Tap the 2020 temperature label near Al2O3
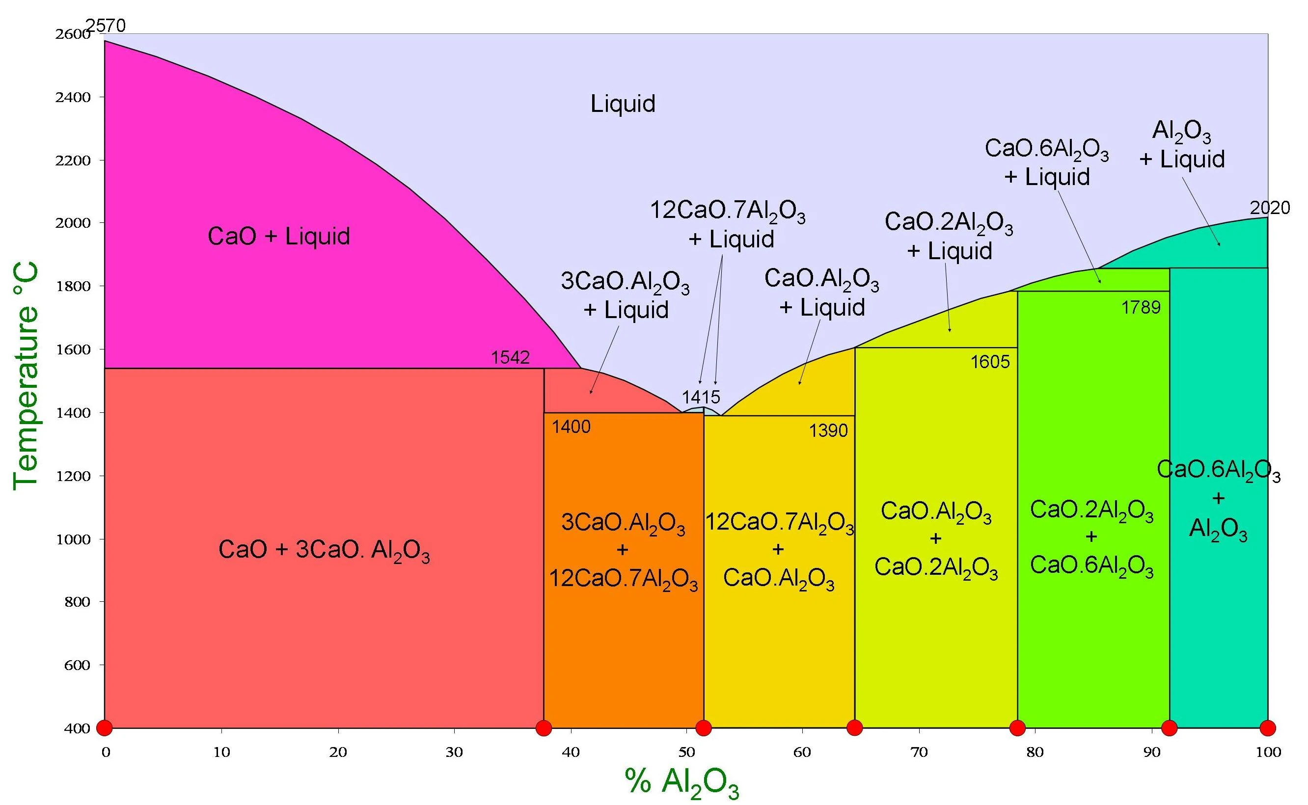coord(1270,208)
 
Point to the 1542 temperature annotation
coord(510,357)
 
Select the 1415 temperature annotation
coord(701,397)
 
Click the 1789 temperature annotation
coord(1141,307)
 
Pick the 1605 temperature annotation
coord(989,362)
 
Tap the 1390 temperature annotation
coord(828,430)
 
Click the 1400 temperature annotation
coord(571,427)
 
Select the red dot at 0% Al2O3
coord(105,727)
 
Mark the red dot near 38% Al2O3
coord(544,727)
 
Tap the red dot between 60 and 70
coord(854,727)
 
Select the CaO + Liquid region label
coord(278,237)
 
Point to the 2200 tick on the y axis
coord(73,160)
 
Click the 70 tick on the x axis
coord(919,752)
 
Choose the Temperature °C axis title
coord(26,376)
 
